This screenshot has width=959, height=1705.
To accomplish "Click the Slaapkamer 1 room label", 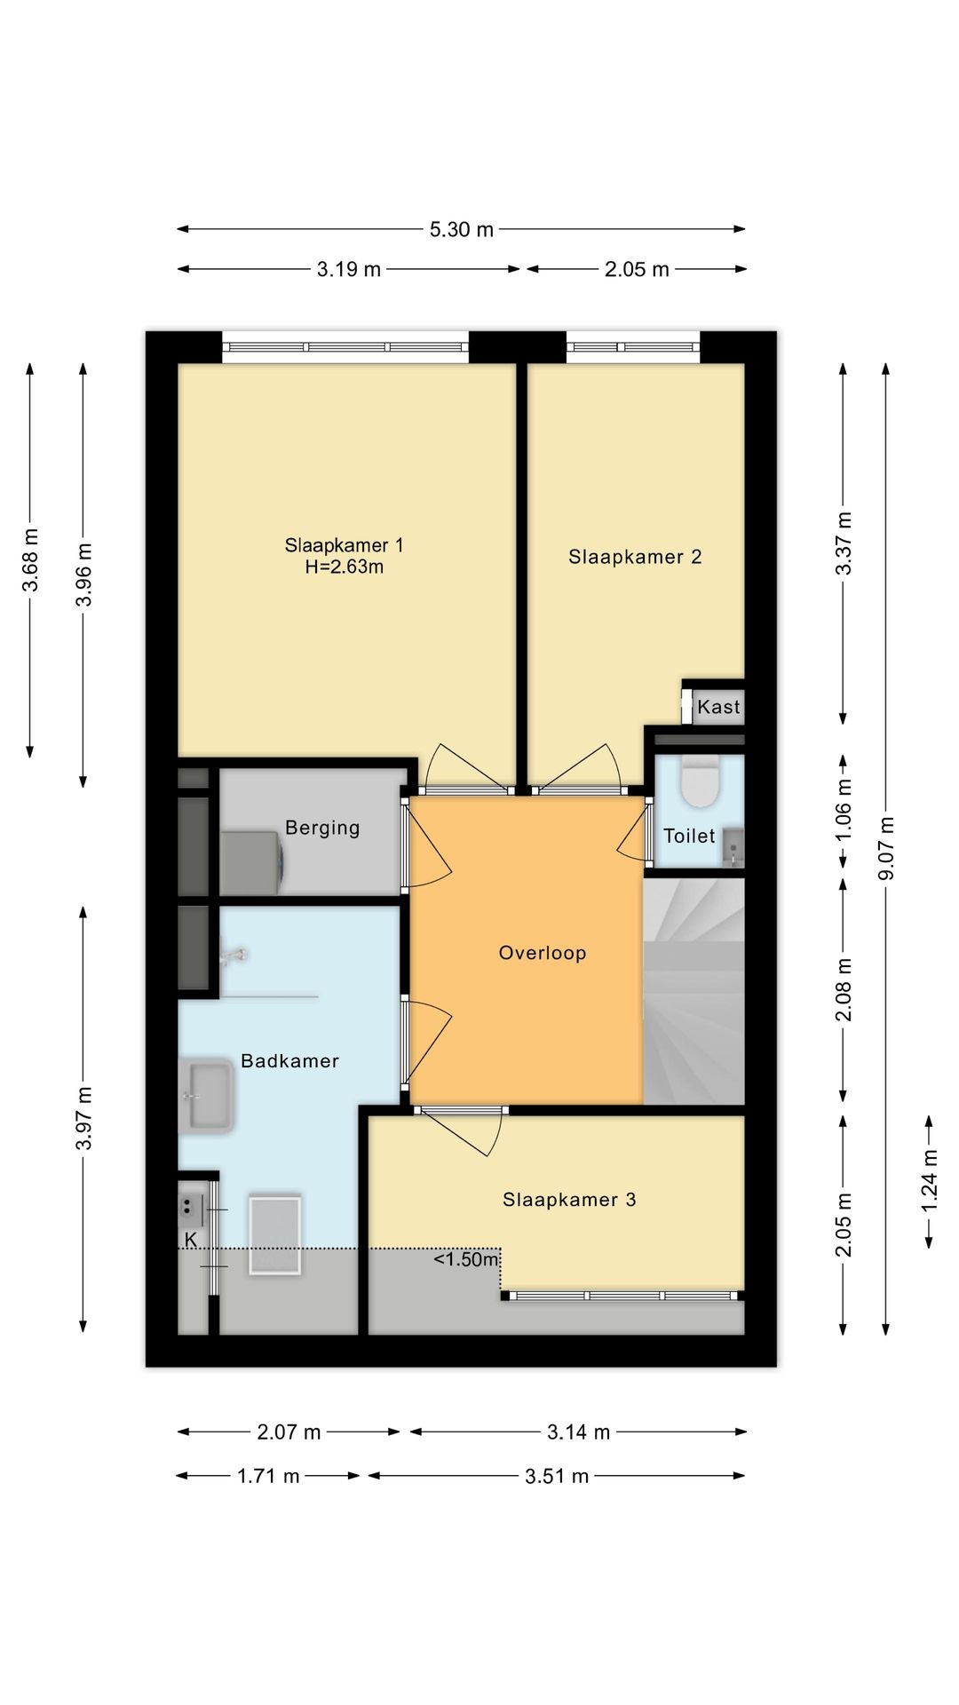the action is tap(344, 545).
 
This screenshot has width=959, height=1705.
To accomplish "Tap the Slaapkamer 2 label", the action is tap(635, 557).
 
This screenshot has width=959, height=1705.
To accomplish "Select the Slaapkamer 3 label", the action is tap(569, 1200).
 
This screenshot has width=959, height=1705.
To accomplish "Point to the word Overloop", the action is tap(543, 953).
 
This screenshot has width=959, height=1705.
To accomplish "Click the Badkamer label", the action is tap(289, 1060).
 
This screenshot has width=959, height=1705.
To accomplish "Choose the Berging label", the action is tap(322, 828).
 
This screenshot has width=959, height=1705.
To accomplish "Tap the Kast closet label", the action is tap(718, 707).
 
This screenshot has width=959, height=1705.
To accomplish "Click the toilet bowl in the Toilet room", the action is tap(700, 781).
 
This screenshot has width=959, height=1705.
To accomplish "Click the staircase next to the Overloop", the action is tap(693, 991).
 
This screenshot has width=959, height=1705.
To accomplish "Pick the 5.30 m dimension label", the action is tap(462, 229).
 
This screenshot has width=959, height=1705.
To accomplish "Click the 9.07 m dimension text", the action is tap(886, 848).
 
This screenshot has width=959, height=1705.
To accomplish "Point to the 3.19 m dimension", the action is tap(349, 269).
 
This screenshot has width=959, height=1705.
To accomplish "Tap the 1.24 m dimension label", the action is tap(929, 1181).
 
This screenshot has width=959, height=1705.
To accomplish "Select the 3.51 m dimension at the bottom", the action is tap(557, 1476).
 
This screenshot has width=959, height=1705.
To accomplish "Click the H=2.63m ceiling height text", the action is tap(345, 567).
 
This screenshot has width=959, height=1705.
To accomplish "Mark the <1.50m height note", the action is tap(466, 1259).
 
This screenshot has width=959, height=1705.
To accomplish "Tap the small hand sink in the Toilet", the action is tap(733, 847).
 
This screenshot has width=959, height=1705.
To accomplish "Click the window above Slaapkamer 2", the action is tap(633, 346).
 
